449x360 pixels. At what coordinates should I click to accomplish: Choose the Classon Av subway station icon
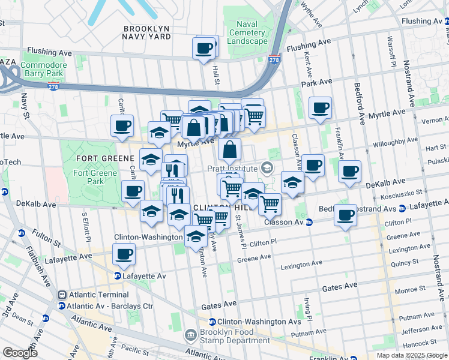point(309,222)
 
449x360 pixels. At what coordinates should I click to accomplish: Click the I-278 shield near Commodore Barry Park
point(54,86)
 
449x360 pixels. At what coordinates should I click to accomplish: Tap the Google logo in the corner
point(20,353)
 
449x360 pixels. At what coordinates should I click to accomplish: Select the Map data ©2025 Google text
point(412,355)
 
